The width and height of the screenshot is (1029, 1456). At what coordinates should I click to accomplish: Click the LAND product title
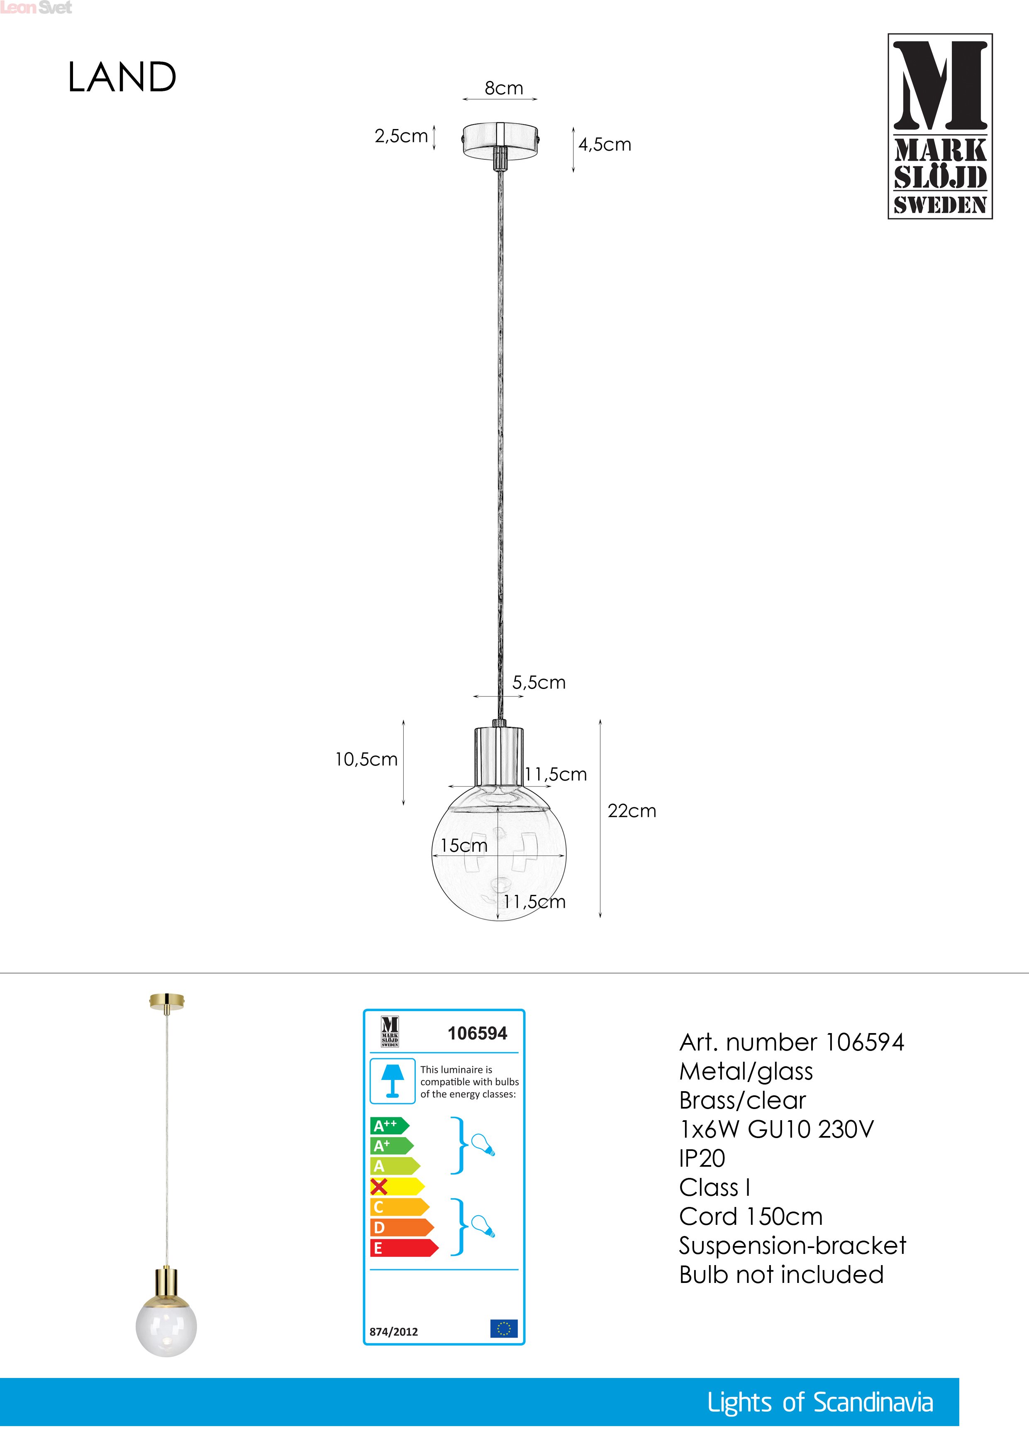122,77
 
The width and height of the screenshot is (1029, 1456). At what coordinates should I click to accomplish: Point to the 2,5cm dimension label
401,136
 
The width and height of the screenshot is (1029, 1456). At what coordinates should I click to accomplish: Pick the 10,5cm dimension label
366,759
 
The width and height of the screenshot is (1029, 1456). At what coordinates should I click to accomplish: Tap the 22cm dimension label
632,811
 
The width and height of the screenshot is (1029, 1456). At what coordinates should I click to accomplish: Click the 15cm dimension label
463,845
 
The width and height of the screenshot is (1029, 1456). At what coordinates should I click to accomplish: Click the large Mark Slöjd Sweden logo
940,126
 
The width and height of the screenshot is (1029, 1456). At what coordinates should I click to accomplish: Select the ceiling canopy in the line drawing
500,140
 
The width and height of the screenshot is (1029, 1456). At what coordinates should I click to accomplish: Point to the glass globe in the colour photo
166,1326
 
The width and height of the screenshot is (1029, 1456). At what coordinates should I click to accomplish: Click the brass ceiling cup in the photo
166,1002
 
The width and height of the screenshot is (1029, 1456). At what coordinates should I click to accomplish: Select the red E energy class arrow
402,1248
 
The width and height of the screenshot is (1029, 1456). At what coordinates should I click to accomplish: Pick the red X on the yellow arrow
379,1187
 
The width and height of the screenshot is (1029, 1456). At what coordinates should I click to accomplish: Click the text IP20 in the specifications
702,1158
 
